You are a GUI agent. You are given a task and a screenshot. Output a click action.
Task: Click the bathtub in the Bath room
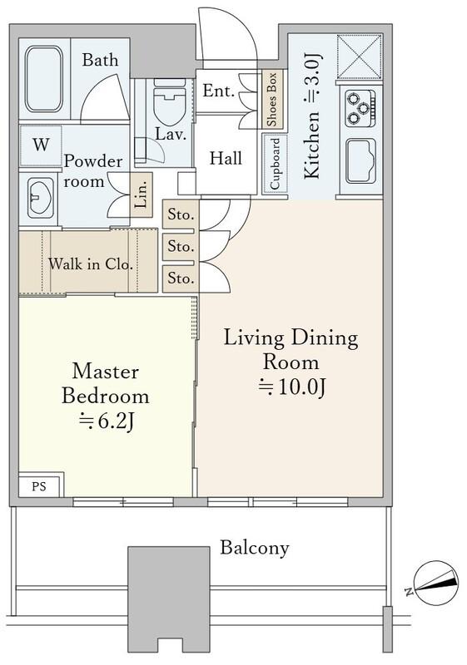[44, 79]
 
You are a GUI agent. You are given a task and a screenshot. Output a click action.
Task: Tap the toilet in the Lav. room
[170, 101]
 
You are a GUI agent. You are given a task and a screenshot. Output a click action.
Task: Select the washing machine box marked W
[41, 145]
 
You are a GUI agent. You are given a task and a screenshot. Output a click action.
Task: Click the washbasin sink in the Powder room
[40, 197]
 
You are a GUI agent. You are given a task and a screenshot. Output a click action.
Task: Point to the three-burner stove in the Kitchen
[360, 109]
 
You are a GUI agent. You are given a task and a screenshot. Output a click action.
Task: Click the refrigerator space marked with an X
[360, 57]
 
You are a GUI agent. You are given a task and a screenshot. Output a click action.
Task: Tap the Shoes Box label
[271, 100]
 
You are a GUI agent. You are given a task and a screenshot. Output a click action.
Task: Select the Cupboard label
[275, 164]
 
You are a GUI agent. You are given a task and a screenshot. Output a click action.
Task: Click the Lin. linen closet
[142, 195]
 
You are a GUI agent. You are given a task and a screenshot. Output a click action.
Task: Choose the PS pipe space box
[41, 485]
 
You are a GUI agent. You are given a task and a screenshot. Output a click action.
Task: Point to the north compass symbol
[435, 584]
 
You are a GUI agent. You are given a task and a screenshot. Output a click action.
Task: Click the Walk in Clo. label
[91, 264]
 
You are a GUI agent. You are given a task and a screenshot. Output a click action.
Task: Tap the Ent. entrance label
[218, 91]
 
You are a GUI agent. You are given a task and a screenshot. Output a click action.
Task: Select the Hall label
[226, 158]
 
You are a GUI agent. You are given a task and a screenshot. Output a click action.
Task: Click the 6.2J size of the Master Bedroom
[107, 421]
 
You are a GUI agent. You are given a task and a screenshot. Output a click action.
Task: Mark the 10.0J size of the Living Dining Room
[291, 387]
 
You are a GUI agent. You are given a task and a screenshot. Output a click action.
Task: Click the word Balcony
[254, 548]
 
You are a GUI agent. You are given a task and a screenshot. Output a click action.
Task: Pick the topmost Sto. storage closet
[181, 214]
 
